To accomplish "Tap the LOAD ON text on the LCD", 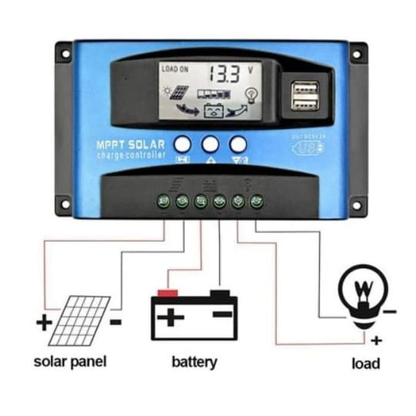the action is (175, 70).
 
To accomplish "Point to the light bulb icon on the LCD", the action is (250, 94).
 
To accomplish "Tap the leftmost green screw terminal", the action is (165, 201).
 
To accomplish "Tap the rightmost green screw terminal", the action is (256, 201).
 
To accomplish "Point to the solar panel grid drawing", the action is (79, 321).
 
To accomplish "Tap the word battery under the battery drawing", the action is (194, 361).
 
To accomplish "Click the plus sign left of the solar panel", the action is (44, 323).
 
